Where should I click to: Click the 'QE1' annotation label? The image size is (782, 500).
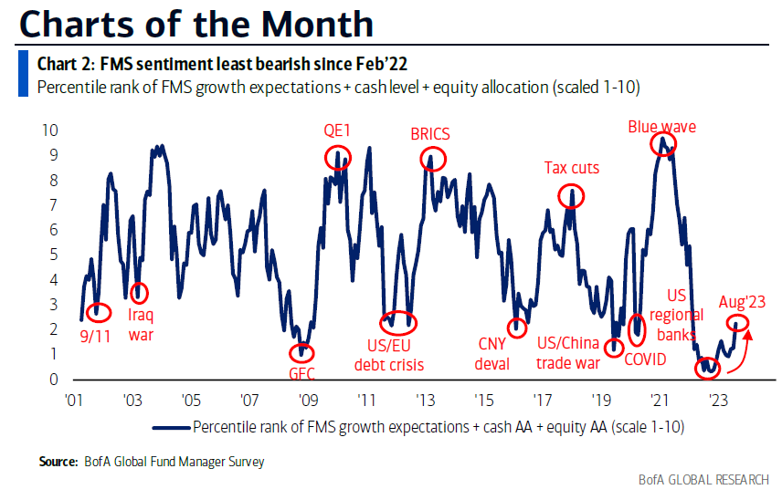[x=336, y=129]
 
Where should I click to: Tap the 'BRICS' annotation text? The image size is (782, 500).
[x=429, y=134]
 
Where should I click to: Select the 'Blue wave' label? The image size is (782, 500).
[x=661, y=127]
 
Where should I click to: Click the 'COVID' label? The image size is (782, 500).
[x=645, y=359]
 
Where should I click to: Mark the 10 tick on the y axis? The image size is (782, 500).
[x=50, y=130]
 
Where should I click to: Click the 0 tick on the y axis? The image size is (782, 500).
[x=54, y=380]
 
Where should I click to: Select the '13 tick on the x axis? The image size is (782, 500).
[x=425, y=400]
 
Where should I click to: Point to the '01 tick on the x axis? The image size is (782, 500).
[x=74, y=400]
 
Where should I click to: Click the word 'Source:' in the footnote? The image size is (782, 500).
[x=58, y=462]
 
